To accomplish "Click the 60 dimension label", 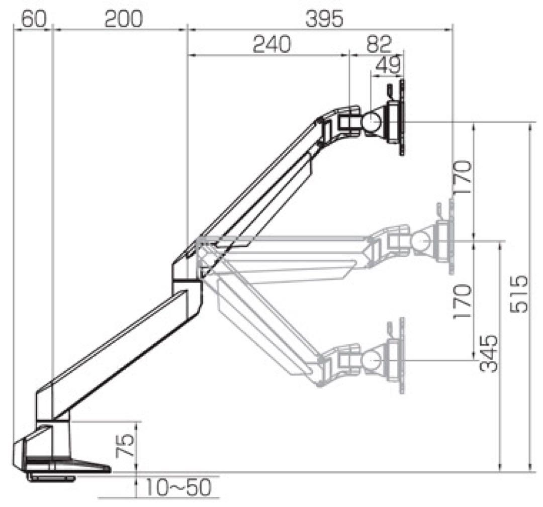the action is click(34, 19).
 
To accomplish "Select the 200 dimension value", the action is click(123, 19).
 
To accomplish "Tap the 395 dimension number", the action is click(324, 19).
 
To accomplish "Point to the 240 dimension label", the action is click(272, 45).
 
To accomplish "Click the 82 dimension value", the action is click(379, 44).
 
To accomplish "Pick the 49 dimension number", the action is click(388, 65).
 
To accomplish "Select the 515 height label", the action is click(520, 294).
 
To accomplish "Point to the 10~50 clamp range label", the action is click(178, 487).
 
